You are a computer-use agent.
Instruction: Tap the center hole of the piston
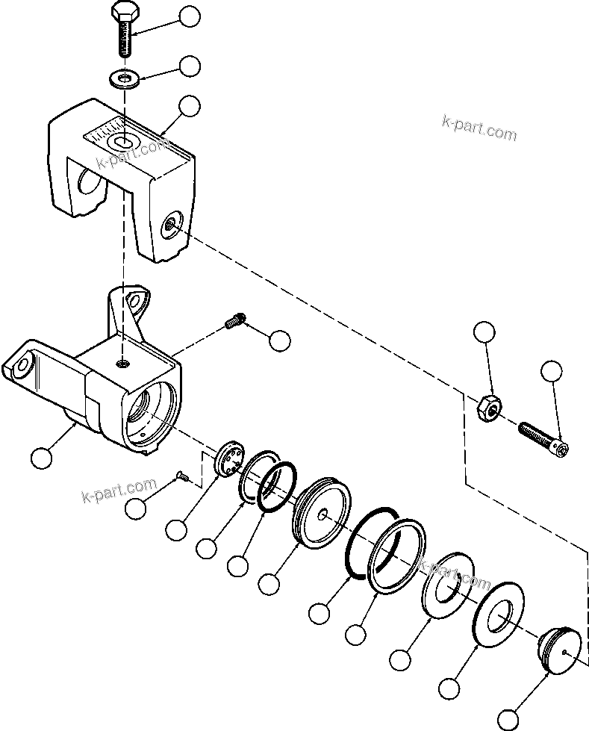click(322, 514)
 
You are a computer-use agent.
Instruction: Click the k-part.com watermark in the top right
click(479, 129)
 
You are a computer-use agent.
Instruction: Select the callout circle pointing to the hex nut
click(485, 333)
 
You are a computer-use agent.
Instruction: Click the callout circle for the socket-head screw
click(551, 371)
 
